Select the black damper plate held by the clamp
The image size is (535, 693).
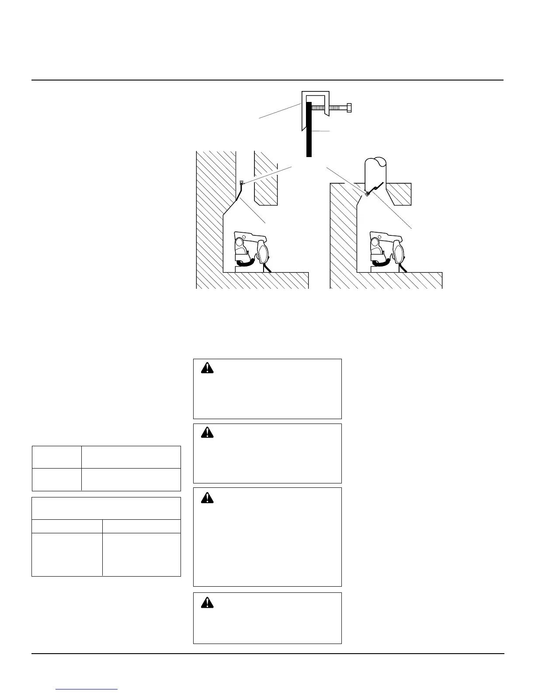309,131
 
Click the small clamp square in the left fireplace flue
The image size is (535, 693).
241,182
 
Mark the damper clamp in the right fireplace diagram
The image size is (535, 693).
368,194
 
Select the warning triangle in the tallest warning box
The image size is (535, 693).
207,497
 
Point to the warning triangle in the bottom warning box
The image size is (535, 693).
207,602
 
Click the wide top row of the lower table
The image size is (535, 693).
106,508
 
